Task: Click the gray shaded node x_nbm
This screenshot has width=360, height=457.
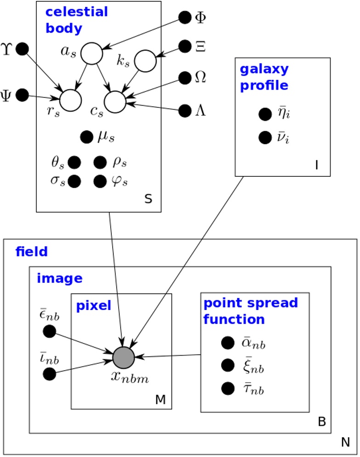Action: tap(124, 357)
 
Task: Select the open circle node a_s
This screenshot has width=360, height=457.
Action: tap(91, 54)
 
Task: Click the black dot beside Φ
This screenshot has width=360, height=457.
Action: tap(185, 18)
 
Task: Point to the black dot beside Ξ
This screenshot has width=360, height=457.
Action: tap(185, 46)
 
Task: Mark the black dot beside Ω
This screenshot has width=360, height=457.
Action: tap(185, 78)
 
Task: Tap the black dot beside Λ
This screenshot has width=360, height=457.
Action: tap(185, 111)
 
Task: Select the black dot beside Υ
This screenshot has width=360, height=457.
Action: tap(22, 49)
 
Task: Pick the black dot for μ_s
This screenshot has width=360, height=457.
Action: tap(86, 137)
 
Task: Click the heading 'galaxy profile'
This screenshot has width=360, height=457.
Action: tap(264, 78)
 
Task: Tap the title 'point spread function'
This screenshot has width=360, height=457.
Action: tap(251, 311)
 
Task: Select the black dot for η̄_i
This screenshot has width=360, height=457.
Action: tap(265, 114)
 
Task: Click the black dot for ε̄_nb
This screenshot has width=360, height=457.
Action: tap(49, 331)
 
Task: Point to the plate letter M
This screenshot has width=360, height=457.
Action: tap(160, 400)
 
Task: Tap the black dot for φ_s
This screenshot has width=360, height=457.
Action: tap(100, 181)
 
